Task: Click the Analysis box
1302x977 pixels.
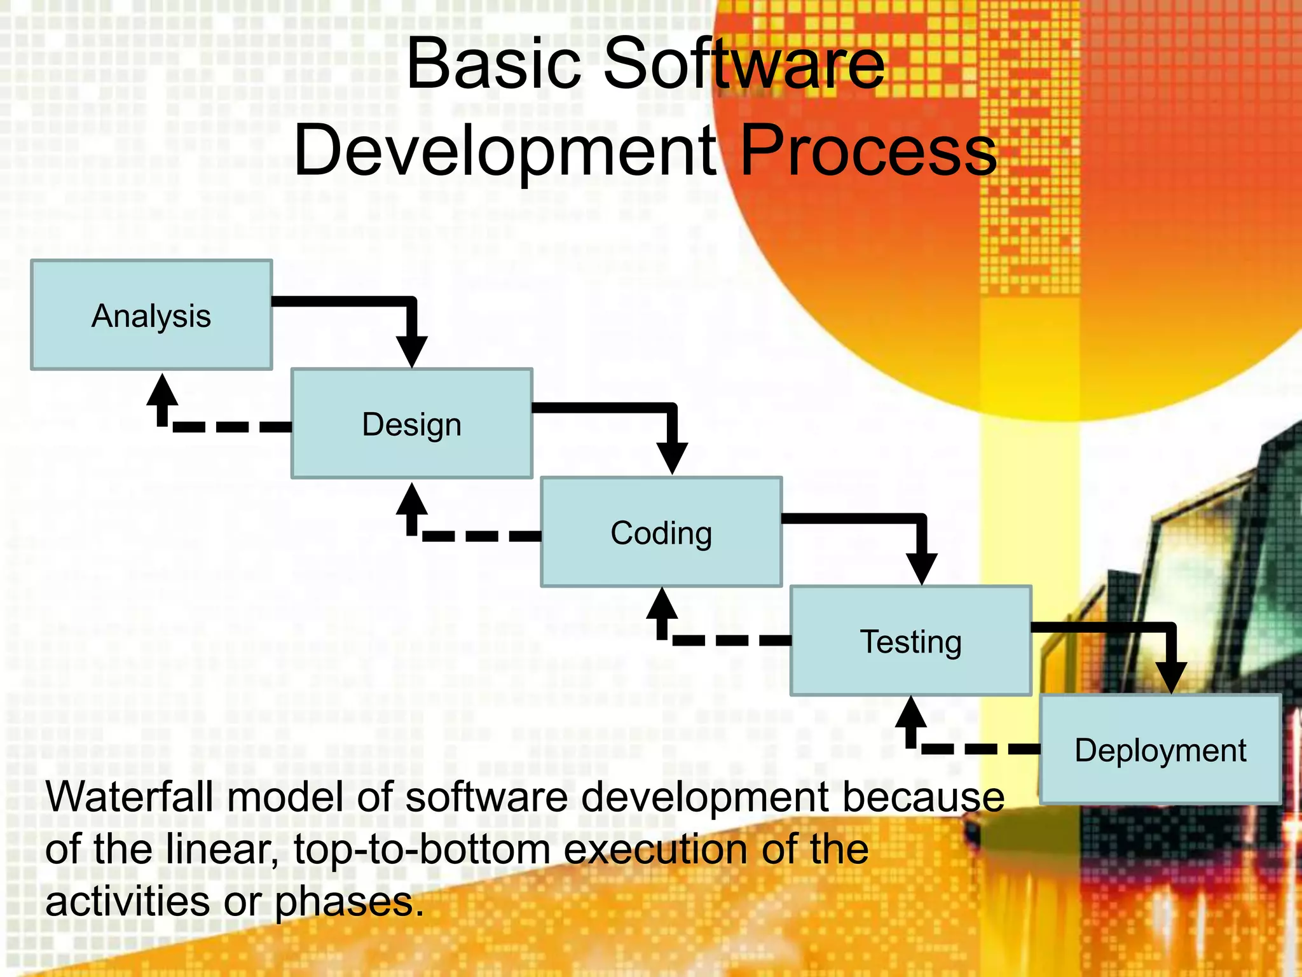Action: pyautogui.click(x=151, y=315)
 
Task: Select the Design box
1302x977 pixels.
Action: pyautogui.click(x=411, y=424)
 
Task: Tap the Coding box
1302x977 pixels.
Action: pyautogui.click(x=661, y=532)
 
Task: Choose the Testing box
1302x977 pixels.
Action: pyautogui.click(x=910, y=641)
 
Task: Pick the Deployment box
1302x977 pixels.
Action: pyautogui.click(x=1160, y=749)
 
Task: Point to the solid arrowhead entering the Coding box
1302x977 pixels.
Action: pyautogui.click(x=672, y=457)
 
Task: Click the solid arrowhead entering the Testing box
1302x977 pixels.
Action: pyautogui.click(x=921, y=567)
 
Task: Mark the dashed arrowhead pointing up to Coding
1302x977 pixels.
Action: pyautogui.click(x=662, y=604)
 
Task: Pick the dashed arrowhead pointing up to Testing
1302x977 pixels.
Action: pyautogui.click(x=911, y=712)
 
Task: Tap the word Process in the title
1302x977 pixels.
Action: pyautogui.click(x=868, y=151)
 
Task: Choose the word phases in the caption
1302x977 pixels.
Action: pyautogui.click(x=348, y=902)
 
